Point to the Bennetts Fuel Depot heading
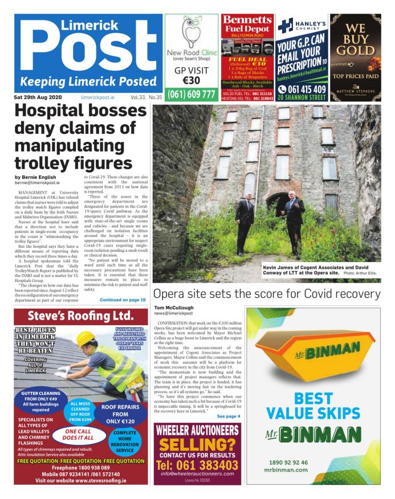point(247,26)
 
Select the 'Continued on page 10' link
point(123,299)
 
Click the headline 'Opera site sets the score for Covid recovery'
point(266,295)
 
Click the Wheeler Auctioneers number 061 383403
point(197,465)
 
